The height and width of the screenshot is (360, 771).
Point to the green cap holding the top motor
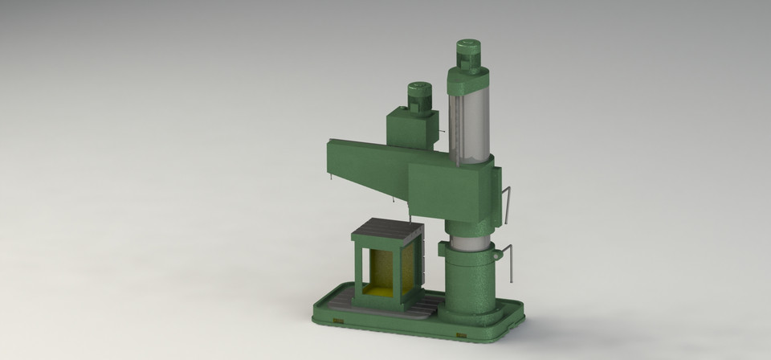(x=468, y=78)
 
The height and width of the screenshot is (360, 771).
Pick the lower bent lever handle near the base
(x=510, y=265)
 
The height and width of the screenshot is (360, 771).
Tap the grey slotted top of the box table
(x=387, y=232)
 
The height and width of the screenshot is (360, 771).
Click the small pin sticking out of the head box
(x=440, y=132)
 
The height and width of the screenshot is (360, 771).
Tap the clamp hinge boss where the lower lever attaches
(x=497, y=254)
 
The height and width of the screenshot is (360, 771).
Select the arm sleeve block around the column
(x=450, y=190)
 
